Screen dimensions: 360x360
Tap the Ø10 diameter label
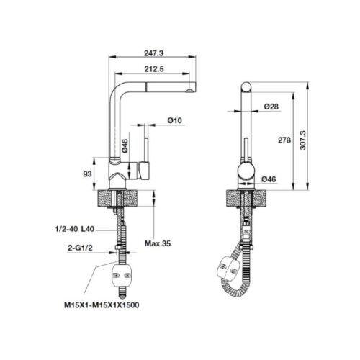(174, 120)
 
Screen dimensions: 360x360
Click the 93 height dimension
(87, 174)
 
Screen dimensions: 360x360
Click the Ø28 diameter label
(271, 107)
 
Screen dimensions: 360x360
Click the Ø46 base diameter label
(270, 179)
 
